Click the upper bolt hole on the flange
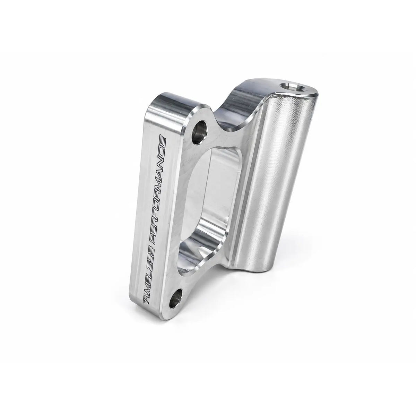tap(199, 132)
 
